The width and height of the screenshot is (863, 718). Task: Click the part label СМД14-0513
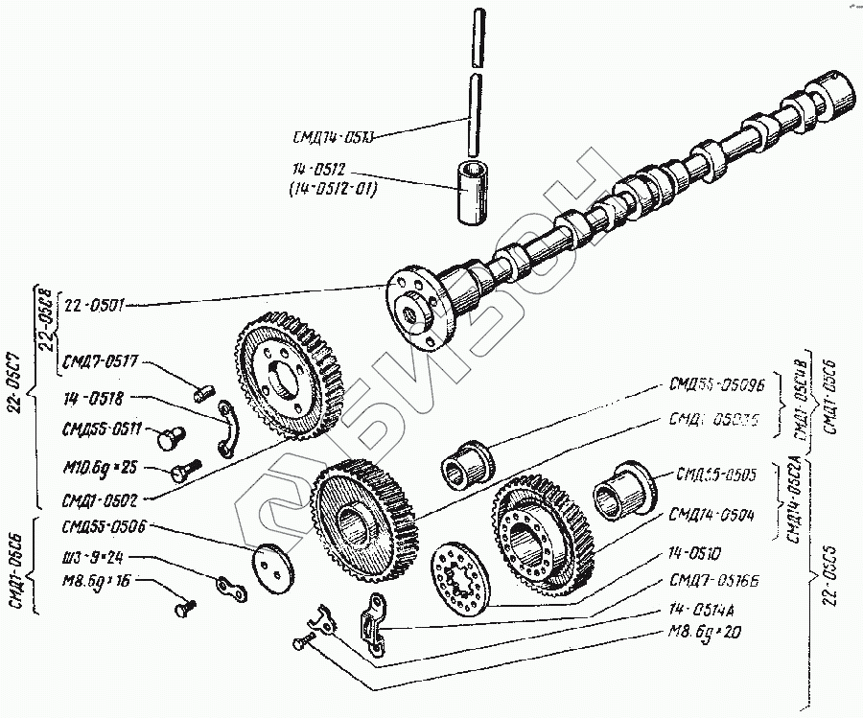tap(331, 136)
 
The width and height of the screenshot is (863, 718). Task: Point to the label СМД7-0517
tap(100, 361)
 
